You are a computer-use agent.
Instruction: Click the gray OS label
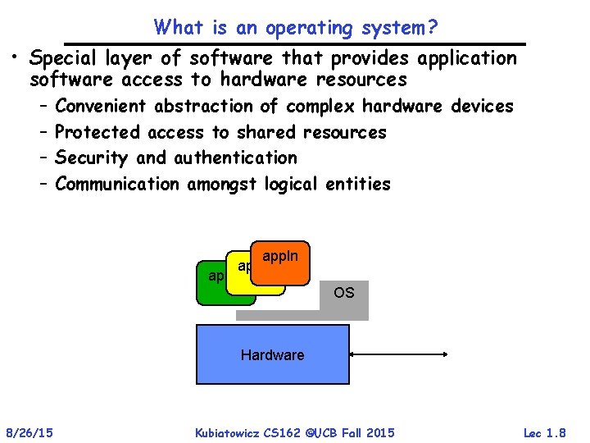[x=344, y=293]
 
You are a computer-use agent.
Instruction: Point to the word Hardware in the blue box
[x=272, y=355]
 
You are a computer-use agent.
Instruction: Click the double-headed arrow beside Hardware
[x=400, y=354]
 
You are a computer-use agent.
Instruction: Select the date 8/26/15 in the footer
[x=29, y=432]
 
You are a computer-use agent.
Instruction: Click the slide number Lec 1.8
[x=544, y=432]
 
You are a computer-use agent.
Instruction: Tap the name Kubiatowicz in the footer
[x=232, y=432]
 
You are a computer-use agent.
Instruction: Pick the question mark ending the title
[x=433, y=27]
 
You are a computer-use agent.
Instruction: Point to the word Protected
[x=98, y=132]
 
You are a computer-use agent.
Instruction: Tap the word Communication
[x=117, y=184]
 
